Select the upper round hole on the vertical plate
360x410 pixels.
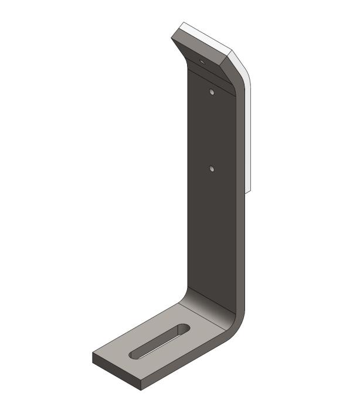tap(212, 91)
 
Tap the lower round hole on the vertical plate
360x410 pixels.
tap(212, 169)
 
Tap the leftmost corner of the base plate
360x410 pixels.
tap(93, 354)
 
